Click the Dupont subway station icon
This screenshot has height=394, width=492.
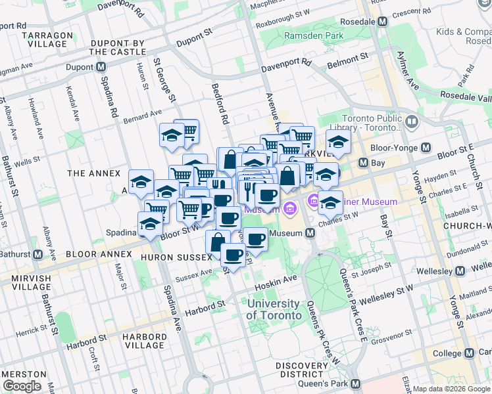click(x=101, y=67)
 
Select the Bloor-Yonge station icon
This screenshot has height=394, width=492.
click(x=426, y=148)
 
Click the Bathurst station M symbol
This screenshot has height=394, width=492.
click(x=38, y=254)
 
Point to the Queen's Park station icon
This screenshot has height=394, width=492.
click(x=356, y=383)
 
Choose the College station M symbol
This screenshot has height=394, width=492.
click(x=469, y=353)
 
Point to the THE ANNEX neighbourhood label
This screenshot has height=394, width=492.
click(x=94, y=173)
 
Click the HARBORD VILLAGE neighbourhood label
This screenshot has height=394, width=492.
click(x=143, y=341)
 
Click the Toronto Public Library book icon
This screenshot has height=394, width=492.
click(x=412, y=122)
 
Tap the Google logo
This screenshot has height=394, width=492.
click(x=21, y=386)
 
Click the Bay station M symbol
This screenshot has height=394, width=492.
click(x=362, y=162)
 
